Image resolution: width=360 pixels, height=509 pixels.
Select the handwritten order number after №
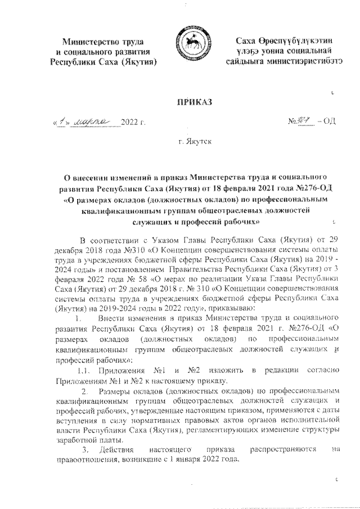point(304,120)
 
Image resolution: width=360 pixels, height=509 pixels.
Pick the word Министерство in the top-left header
point(93,42)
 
